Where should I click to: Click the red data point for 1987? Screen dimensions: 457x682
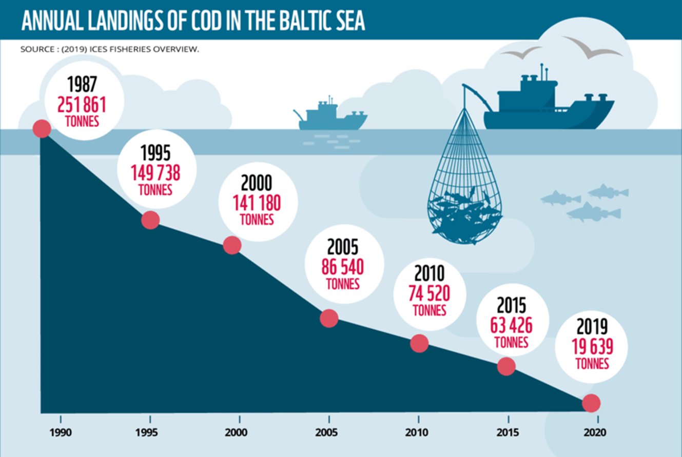click(x=42, y=129)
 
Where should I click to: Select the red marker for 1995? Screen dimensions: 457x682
click(x=150, y=220)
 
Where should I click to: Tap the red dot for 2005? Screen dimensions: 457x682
click(x=329, y=318)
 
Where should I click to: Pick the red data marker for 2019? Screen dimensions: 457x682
click(x=591, y=403)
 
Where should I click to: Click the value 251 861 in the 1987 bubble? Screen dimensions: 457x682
click(x=82, y=105)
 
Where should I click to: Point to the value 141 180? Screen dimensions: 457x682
click(x=257, y=204)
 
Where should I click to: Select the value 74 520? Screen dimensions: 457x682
click(x=429, y=293)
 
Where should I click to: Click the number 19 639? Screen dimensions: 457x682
click(x=592, y=347)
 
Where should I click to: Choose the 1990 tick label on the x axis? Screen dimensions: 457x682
click(x=61, y=432)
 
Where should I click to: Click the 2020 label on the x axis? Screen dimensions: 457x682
click(x=595, y=432)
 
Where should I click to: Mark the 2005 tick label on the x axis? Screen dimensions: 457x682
click(x=327, y=432)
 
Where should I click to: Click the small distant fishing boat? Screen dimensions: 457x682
click(x=330, y=117)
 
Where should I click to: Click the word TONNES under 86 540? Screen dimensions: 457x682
click(x=343, y=283)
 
